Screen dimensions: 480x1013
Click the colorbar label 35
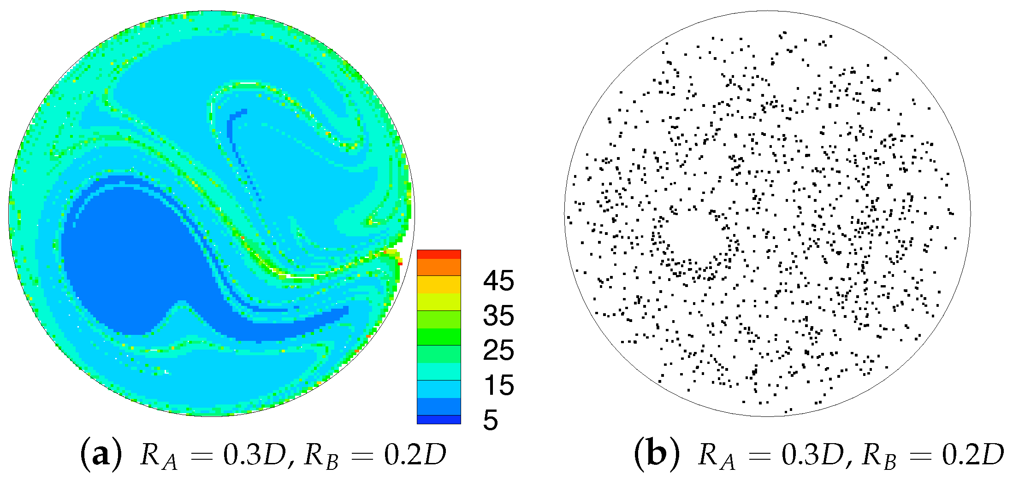pyautogui.click(x=498, y=316)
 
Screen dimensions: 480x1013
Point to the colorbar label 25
pyautogui.click(x=498, y=350)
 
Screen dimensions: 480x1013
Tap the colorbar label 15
pyautogui.click(x=498, y=385)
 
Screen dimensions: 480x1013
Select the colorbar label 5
pyautogui.click(x=491, y=420)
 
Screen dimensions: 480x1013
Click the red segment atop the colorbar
pyautogui.click(x=438, y=254)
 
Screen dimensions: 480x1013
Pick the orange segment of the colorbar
pyautogui.click(x=438, y=267)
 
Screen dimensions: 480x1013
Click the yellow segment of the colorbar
pyautogui.click(x=438, y=284)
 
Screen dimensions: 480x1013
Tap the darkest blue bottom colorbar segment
pyautogui.click(x=438, y=419)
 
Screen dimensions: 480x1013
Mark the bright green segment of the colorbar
pyautogui.click(x=438, y=336)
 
